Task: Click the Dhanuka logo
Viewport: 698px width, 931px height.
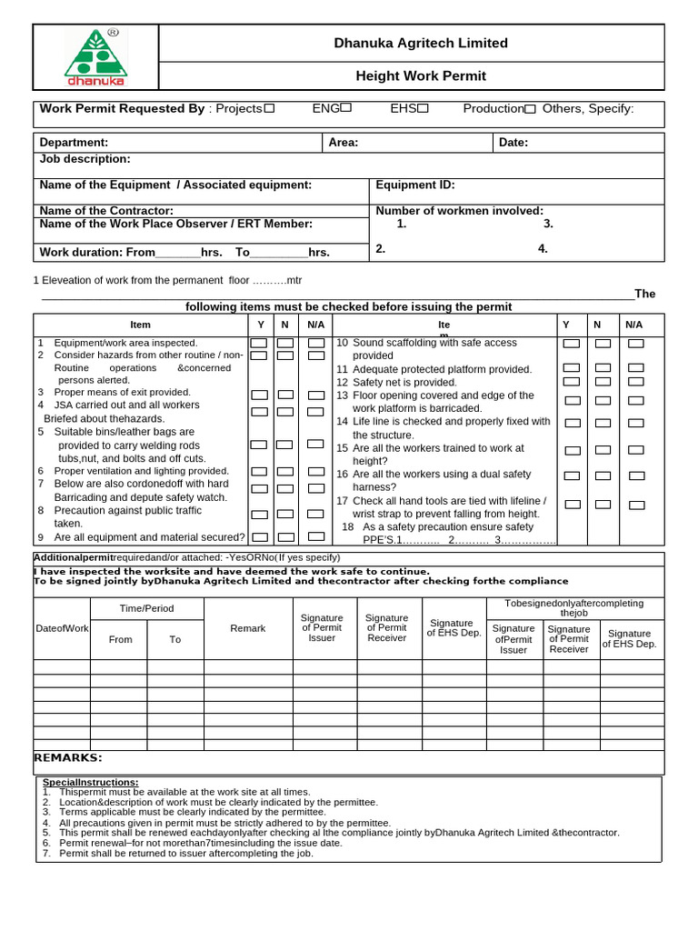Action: tap(95, 56)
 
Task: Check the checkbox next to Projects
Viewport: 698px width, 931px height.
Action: tap(269, 108)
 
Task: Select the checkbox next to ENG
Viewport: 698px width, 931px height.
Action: tap(345, 108)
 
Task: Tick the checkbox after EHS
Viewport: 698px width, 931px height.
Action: tap(423, 108)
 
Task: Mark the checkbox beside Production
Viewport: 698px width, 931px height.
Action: tap(530, 109)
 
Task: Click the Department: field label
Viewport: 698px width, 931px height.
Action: tap(74, 143)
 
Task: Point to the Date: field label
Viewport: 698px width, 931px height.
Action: tap(513, 143)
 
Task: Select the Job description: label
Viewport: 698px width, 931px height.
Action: tap(85, 159)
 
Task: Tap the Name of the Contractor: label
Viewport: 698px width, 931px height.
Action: tap(106, 211)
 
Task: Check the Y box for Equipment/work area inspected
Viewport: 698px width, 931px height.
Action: tap(259, 343)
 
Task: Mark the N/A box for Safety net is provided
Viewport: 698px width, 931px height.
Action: tap(635, 382)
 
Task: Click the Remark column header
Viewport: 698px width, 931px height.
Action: tap(248, 628)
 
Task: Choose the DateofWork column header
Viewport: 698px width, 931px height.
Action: tap(62, 628)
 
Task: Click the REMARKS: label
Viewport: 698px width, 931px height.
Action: tap(68, 758)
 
